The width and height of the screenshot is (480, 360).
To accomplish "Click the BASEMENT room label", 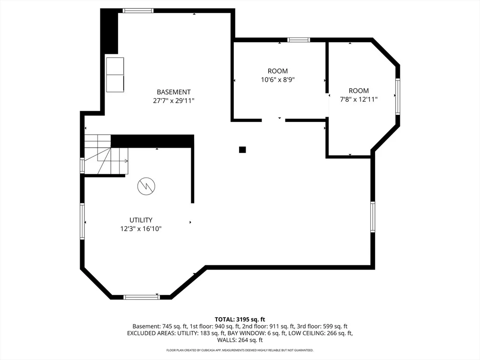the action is (x=173, y=92).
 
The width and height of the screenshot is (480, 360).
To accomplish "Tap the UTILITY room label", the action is (x=141, y=220).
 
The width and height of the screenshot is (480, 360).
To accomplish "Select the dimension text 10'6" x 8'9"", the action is (x=277, y=80).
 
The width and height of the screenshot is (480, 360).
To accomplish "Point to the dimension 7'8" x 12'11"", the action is (x=359, y=99).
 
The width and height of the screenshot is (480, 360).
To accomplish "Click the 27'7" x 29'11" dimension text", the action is (x=173, y=101).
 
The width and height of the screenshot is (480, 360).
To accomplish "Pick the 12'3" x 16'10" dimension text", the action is (x=141, y=229).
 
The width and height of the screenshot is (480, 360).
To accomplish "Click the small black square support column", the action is (x=242, y=150).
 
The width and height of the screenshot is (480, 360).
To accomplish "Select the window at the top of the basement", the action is (x=138, y=11).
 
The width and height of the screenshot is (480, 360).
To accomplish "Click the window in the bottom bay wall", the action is (x=142, y=297).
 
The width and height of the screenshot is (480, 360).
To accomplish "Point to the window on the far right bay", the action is (x=397, y=97).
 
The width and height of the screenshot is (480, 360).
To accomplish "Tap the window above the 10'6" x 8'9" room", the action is (x=299, y=40).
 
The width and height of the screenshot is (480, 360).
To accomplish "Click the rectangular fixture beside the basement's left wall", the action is (x=115, y=75).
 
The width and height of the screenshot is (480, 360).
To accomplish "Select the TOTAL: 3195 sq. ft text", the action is (x=240, y=320).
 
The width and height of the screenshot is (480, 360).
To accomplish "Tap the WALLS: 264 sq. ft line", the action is (x=240, y=340).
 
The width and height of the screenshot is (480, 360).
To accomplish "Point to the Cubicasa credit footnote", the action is (x=240, y=350).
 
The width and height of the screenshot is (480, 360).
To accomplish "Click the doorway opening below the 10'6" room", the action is (x=273, y=120).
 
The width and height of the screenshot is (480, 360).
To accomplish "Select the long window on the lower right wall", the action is (x=373, y=217).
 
